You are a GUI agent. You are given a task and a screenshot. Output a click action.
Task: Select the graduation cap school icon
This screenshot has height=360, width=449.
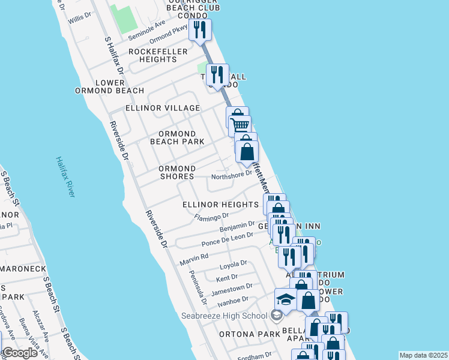pos(286,299)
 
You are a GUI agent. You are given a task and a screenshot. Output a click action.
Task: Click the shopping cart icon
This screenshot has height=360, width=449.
pos(240,126)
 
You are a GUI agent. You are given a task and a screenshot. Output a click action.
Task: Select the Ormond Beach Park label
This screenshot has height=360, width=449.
pos(177,137)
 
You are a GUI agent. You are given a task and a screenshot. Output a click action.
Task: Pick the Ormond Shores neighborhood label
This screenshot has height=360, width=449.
pos(177,172)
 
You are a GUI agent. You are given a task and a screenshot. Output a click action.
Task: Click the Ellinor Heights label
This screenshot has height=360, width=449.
pos(220,205)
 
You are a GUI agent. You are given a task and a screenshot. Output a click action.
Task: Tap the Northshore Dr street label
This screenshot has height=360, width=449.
pos(231,175)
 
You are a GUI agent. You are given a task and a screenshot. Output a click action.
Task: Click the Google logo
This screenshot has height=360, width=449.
pos(20,353)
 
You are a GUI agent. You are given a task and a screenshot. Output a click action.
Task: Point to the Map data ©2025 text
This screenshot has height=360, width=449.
pos(423,355)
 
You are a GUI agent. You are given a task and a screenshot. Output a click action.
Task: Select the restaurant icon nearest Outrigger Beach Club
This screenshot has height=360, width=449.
pos(199,29)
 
